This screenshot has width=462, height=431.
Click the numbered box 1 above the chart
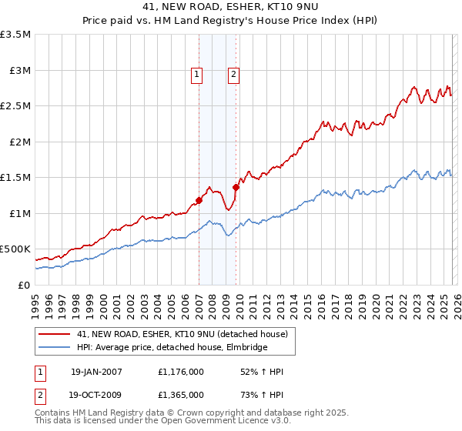point(197,75)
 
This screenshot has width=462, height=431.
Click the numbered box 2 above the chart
point(233,75)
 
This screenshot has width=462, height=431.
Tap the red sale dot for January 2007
point(199,200)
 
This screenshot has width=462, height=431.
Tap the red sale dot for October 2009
point(236,187)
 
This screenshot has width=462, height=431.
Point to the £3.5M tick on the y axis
point(15,35)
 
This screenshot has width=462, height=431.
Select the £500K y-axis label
point(15,249)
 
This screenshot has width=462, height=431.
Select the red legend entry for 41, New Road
point(182,334)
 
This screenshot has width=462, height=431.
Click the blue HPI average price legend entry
point(172,348)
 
